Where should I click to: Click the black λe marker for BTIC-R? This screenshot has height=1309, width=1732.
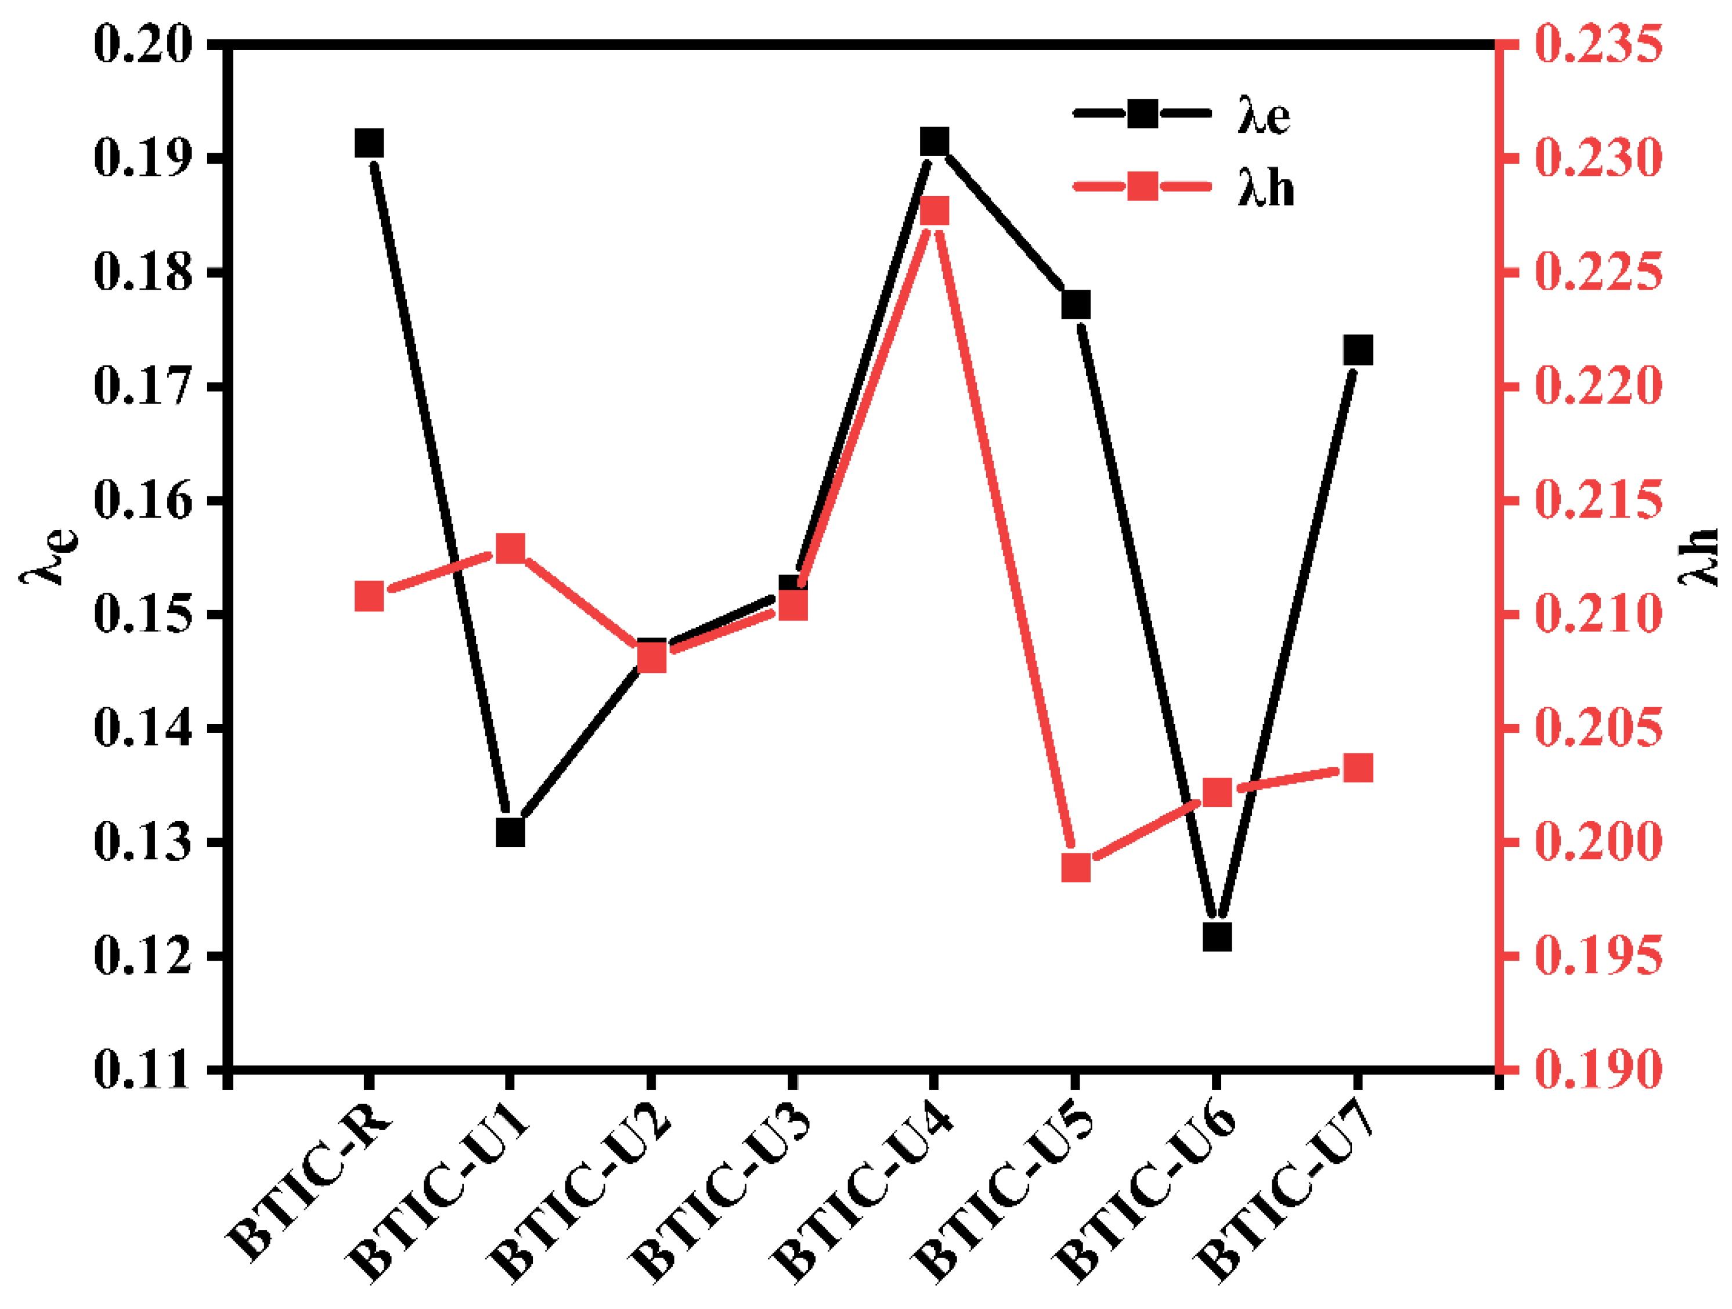(x=369, y=144)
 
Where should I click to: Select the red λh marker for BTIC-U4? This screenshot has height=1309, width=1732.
(x=934, y=211)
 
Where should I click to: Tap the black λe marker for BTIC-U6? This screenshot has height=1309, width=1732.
(x=1217, y=936)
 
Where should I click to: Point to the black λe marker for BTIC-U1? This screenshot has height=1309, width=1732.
(x=510, y=832)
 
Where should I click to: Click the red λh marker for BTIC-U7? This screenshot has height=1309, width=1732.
(x=1358, y=768)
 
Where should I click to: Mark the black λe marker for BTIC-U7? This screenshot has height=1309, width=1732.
(x=1358, y=350)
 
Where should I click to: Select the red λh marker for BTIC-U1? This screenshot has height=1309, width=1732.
(x=510, y=549)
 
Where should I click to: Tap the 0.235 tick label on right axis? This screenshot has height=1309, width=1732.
(x=1597, y=44)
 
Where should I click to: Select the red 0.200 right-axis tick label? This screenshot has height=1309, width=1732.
(x=1597, y=842)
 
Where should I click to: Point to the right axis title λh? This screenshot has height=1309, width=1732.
(x=1699, y=557)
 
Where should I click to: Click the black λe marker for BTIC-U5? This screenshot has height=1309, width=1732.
(x=1076, y=305)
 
